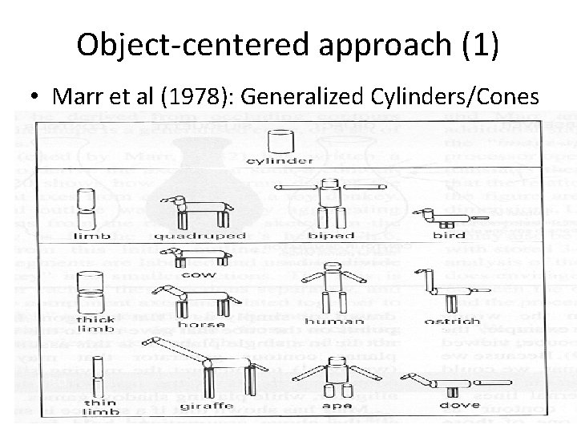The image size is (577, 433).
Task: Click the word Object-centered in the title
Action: click(184, 45)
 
